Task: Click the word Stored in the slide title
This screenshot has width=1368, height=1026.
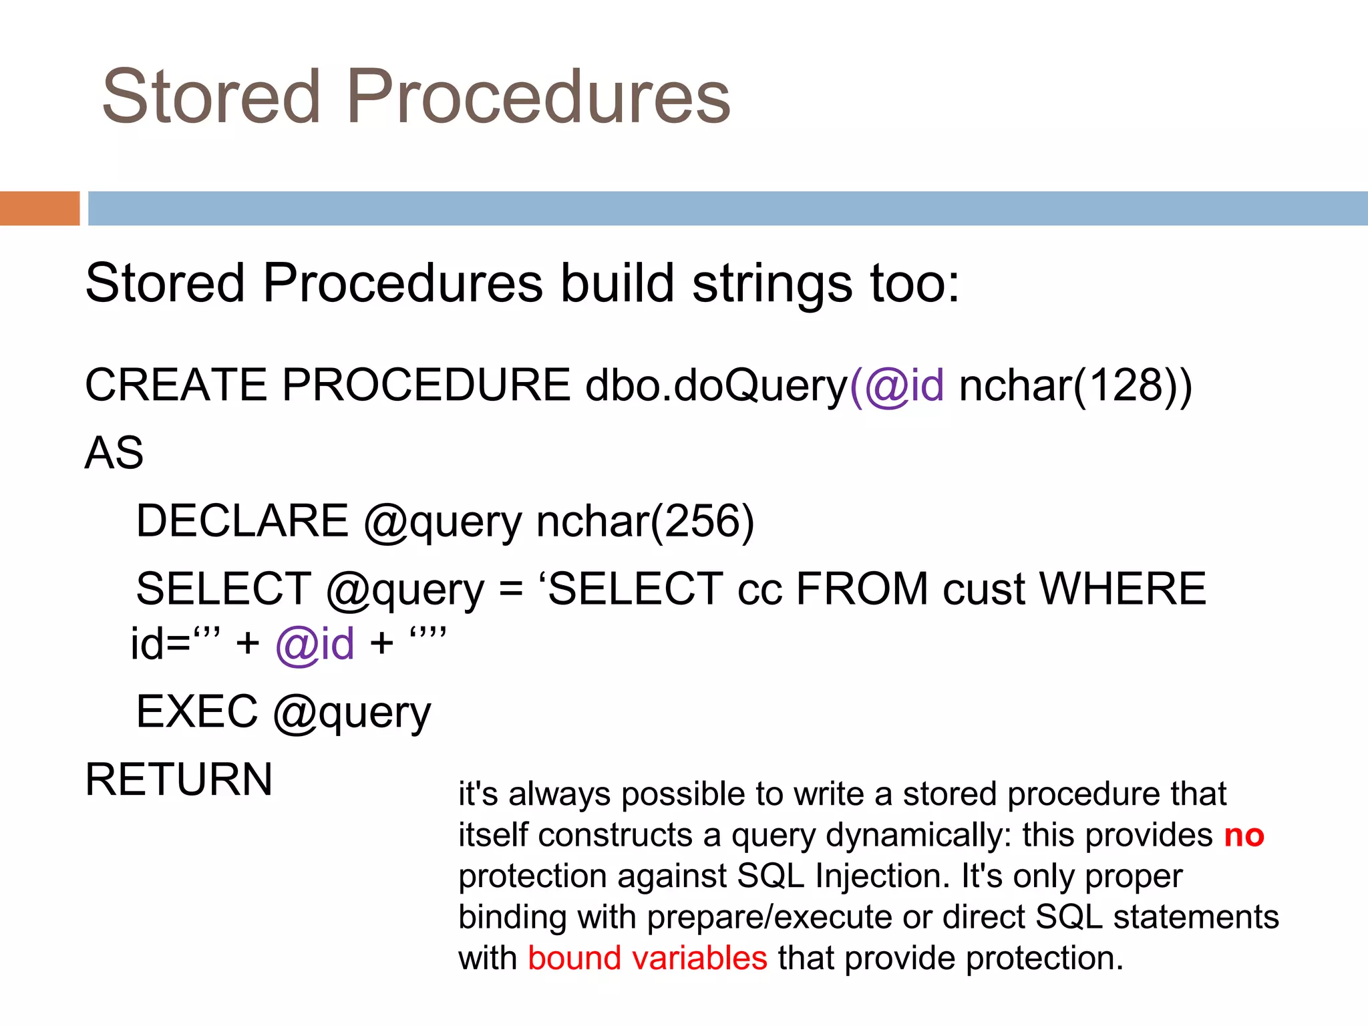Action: pos(211,97)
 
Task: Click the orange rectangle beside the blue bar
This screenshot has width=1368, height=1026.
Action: pos(39,208)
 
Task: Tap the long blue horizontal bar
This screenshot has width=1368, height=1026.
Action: pos(727,208)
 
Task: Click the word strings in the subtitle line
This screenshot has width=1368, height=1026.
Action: pos(772,283)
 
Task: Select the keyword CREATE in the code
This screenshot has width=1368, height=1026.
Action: pos(176,385)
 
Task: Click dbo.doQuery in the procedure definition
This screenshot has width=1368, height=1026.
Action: pos(716,387)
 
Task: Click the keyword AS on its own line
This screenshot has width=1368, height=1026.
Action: pos(114,454)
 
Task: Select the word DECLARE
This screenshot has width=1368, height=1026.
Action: pos(242,522)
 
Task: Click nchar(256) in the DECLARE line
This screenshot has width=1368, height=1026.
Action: pos(645,522)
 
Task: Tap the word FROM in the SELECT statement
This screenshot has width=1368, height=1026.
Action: pos(862,589)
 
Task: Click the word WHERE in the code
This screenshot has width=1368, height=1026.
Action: pos(1122,589)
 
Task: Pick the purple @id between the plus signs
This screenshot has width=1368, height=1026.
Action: pos(315,645)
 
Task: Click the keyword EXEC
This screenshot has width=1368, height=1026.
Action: pos(197,711)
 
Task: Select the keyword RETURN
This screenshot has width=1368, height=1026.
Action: pos(178,780)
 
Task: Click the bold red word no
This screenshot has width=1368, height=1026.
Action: pos(1244,836)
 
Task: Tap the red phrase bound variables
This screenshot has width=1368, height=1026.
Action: pos(647,959)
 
